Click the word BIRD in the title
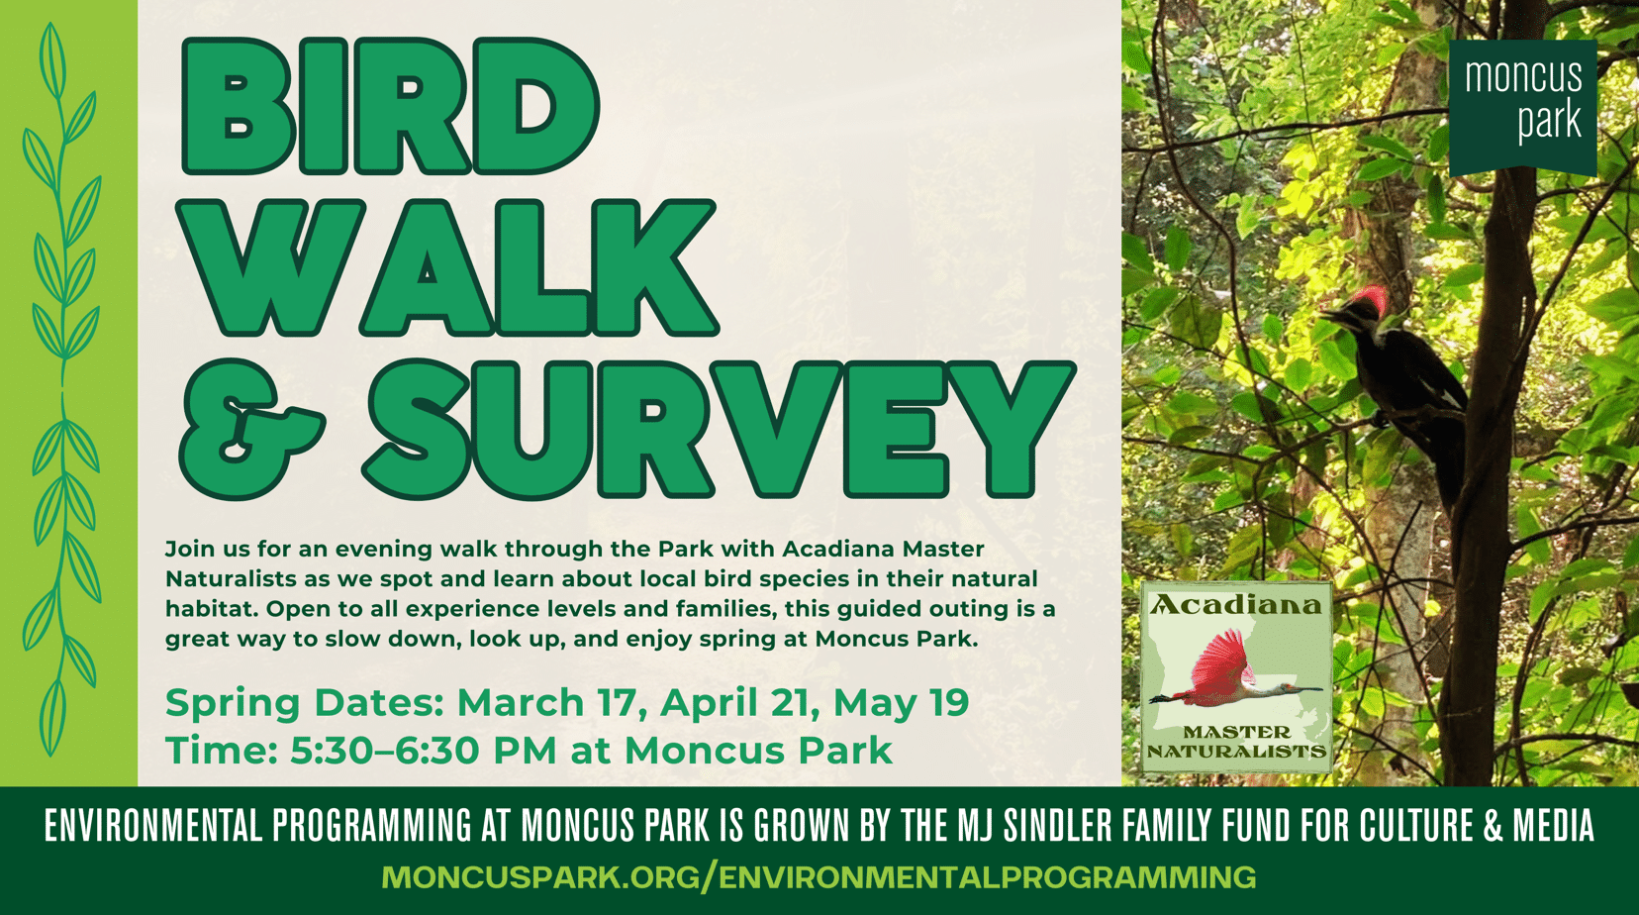coord(390,106)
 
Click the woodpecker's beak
coord(1331,315)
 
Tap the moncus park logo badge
coord(1522,106)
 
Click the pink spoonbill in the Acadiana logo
coord(1229,669)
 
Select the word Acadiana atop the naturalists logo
coord(1236,605)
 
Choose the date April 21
coord(739,704)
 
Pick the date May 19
coord(901,704)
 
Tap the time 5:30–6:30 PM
coord(423,751)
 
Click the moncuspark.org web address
coord(819,876)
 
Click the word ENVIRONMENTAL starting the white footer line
coord(153,825)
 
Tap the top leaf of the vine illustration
coord(51,60)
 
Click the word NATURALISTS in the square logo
coord(1236,751)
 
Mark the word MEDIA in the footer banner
coord(1554,825)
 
